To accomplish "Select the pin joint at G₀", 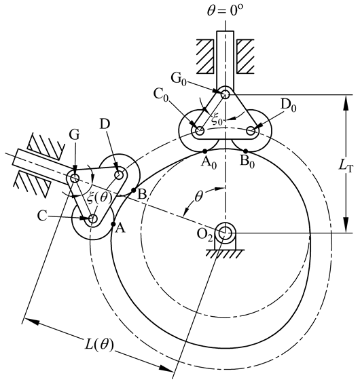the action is pyautogui.click(x=225, y=94).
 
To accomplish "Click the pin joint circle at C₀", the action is pyautogui.click(x=200, y=130).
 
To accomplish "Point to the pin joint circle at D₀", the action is pyautogui.click(x=251, y=130).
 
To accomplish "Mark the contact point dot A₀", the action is pyautogui.click(x=205, y=151).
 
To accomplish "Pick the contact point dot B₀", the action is pyautogui.click(x=245, y=151).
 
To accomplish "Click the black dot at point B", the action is pyautogui.click(x=134, y=190).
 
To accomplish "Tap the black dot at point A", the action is pyautogui.click(x=113, y=224).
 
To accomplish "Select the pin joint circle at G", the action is pyautogui.click(x=75, y=178).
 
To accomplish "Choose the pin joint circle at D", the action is pyautogui.click(x=119, y=175).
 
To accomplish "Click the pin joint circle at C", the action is pyautogui.click(x=92, y=218).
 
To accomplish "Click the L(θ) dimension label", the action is pyautogui.click(x=99, y=345).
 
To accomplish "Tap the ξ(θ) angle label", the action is pyautogui.click(x=99, y=197).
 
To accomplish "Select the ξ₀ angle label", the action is pyautogui.click(x=217, y=119).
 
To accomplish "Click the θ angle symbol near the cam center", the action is pyautogui.click(x=198, y=197).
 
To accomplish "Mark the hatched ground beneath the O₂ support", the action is pyautogui.click(x=225, y=254).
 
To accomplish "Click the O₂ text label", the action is pyautogui.click(x=205, y=235).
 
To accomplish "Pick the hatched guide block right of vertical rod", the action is pyautogui.click(x=245, y=56).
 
